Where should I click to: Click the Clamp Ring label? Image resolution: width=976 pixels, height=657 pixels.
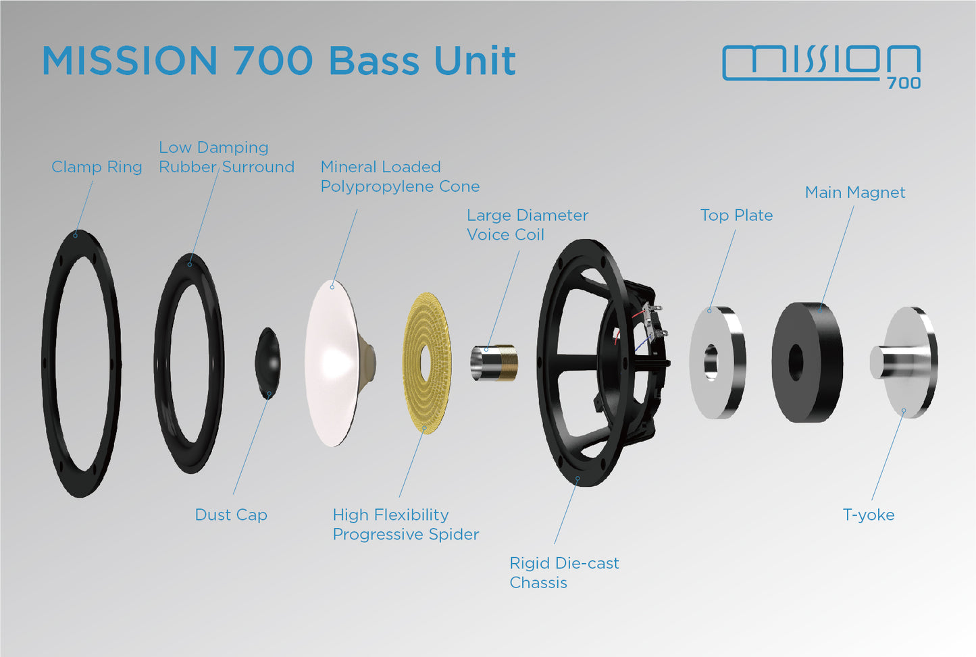97,167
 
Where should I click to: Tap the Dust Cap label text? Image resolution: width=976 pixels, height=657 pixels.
231,515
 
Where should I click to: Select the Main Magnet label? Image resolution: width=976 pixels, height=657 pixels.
855,192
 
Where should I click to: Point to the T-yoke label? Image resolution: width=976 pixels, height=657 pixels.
869,515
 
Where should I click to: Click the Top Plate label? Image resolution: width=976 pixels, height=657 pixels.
736,215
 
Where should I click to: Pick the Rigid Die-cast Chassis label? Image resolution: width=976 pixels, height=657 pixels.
564,573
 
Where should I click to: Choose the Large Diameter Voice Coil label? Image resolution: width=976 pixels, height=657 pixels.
527,225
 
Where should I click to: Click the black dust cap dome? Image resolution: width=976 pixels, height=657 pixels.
268,361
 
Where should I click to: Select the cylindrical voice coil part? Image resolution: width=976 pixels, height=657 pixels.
494,363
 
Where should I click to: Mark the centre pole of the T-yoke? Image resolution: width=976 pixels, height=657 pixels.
885,363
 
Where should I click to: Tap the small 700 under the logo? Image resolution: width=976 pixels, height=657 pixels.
904,83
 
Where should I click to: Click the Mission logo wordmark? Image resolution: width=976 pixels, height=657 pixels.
821,62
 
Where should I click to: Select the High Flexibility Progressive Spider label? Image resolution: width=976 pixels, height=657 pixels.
405,525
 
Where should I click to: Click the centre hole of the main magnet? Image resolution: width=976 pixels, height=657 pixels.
796,363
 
